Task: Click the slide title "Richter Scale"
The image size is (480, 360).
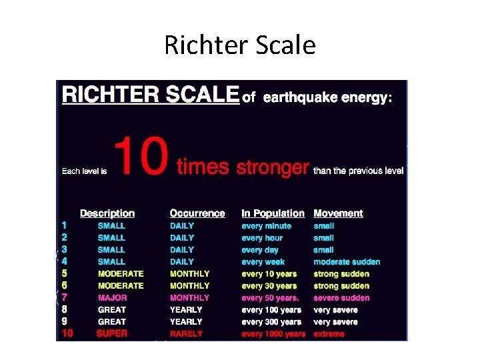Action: click(240, 45)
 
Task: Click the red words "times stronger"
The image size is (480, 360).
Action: click(243, 167)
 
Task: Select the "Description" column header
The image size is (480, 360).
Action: click(107, 213)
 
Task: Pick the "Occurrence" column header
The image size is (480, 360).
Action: click(197, 213)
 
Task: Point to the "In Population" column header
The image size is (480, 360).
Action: click(273, 213)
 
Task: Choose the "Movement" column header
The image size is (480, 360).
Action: click(338, 213)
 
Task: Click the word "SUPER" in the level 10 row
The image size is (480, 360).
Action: click(111, 333)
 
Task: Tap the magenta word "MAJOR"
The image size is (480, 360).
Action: click(112, 297)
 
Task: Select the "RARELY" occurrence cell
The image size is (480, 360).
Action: click(186, 333)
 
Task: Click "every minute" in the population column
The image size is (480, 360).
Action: click(266, 226)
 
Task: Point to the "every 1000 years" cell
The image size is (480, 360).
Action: click(273, 333)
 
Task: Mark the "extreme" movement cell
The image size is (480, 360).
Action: click(329, 333)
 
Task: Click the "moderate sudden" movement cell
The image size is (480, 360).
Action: click(347, 262)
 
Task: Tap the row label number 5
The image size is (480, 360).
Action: click(64, 273)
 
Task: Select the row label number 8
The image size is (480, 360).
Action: click(64, 309)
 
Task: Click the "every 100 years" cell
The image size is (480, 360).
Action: click(271, 309)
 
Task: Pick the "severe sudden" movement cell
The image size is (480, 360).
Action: click(341, 297)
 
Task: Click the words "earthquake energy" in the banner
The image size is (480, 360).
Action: click(325, 98)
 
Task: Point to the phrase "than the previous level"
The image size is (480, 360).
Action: click(358, 171)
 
